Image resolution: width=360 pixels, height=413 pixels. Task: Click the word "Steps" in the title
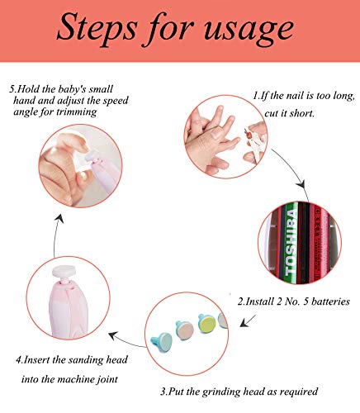(97, 29)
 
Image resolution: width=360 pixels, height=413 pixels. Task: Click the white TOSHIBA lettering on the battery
(291, 242)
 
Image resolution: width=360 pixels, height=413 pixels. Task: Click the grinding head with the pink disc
(185, 330)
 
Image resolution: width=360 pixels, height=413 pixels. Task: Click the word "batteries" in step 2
(330, 301)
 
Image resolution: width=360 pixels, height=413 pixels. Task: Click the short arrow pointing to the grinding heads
(247, 320)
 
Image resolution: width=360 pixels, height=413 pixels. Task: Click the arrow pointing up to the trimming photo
(57, 235)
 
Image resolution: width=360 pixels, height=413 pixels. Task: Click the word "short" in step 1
(303, 113)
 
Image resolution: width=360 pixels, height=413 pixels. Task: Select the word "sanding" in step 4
(86, 360)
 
